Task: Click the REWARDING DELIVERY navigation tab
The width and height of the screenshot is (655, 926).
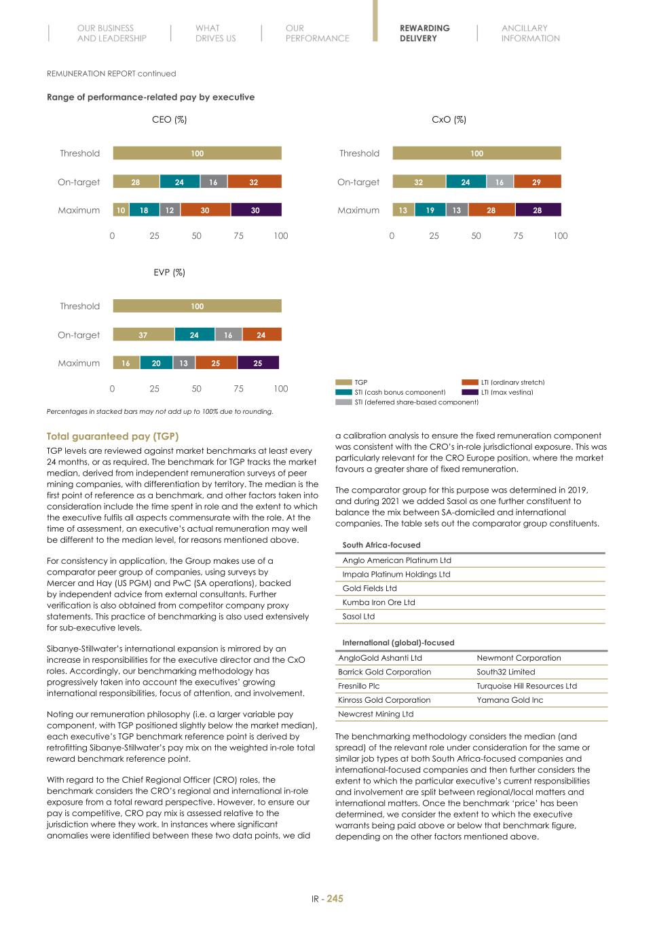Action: [424, 33]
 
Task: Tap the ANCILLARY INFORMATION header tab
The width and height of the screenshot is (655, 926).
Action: [530, 33]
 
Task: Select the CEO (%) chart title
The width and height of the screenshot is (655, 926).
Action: [169, 119]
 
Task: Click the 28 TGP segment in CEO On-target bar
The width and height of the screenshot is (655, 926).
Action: [136, 182]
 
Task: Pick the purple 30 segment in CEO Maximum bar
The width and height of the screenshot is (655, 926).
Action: [256, 210]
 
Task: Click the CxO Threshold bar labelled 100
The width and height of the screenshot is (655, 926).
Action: [476, 153]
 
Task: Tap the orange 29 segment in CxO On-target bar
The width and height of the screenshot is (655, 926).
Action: [537, 182]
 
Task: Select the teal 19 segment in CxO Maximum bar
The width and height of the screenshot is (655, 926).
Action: [430, 210]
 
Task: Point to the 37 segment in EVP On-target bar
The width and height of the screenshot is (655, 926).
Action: [143, 335]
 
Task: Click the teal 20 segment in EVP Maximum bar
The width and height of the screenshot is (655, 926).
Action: [156, 364]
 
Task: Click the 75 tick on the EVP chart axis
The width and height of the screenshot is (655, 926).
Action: [238, 389]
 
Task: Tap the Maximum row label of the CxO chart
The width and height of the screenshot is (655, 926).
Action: [358, 210]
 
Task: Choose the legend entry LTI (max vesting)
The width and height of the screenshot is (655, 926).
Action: [506, 392]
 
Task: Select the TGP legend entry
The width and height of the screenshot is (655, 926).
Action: [360, 383]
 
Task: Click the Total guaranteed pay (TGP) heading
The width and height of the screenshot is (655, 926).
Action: [113, 436]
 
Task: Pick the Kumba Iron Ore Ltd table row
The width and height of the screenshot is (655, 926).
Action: [379, 602]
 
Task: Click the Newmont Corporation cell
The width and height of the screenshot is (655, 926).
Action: [519, 658]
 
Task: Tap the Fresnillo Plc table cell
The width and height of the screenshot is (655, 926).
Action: [358, 686]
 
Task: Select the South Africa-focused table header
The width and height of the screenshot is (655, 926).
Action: [381, 545]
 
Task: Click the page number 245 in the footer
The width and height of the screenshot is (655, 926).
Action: [335, 898]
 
